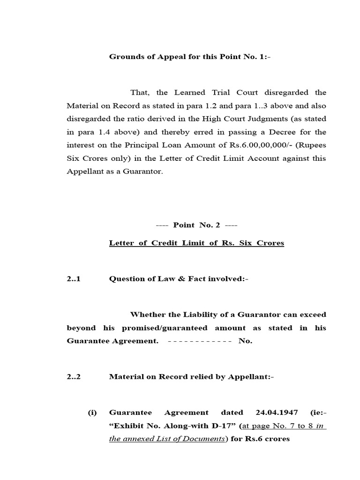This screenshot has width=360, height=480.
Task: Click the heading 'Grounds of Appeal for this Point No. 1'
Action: click(x=190, y=57)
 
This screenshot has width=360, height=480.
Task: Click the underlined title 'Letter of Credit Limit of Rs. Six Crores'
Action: click(x=196, y=243)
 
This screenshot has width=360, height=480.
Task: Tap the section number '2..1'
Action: click(x=74, y=279)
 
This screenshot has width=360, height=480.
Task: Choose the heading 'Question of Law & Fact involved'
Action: click(x=178, y=279)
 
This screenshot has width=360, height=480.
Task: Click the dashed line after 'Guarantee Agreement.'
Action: click(x=200, y=341)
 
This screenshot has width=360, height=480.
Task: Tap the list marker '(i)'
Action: click(x=92, y=412)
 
